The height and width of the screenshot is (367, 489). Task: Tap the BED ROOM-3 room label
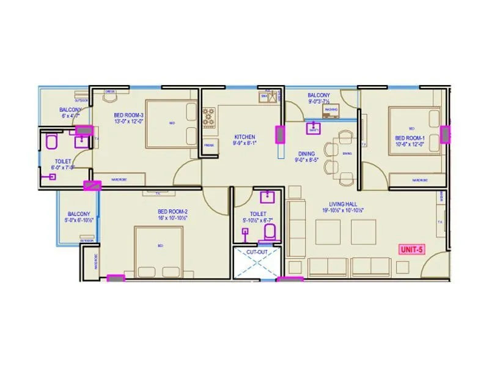(x=128, y=115)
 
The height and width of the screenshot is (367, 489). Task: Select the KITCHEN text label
(x=244, y=137)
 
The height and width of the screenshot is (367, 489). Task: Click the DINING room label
(x=306, y=154)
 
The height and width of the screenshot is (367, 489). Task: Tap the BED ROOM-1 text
(x=410, y=138)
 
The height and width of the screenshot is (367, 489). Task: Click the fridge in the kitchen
(x=209, y=145)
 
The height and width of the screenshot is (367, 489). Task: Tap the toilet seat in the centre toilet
(x=269, y=233)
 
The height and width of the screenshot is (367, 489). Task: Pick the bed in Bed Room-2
(x=159, y=251)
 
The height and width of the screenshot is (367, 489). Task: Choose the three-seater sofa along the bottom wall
(x=350, y=265)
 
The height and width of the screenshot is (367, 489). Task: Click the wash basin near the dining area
(x=314, y=128)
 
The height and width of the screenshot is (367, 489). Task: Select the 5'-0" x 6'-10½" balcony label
(x=79, y=220)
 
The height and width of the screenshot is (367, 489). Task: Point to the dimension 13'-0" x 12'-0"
(x=128, y=121)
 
